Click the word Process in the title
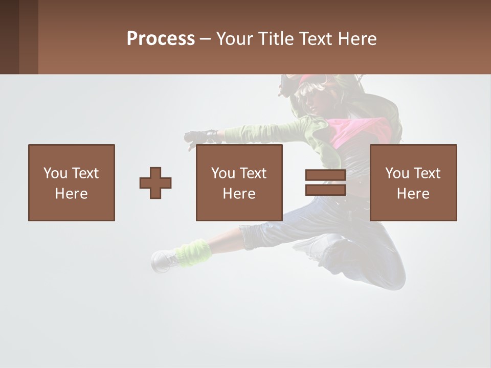161,39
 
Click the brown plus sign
155,183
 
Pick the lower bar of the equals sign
325,190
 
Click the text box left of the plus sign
71,183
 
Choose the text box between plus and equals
239,183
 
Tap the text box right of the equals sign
413,183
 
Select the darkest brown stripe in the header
9,37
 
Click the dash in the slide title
205,39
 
